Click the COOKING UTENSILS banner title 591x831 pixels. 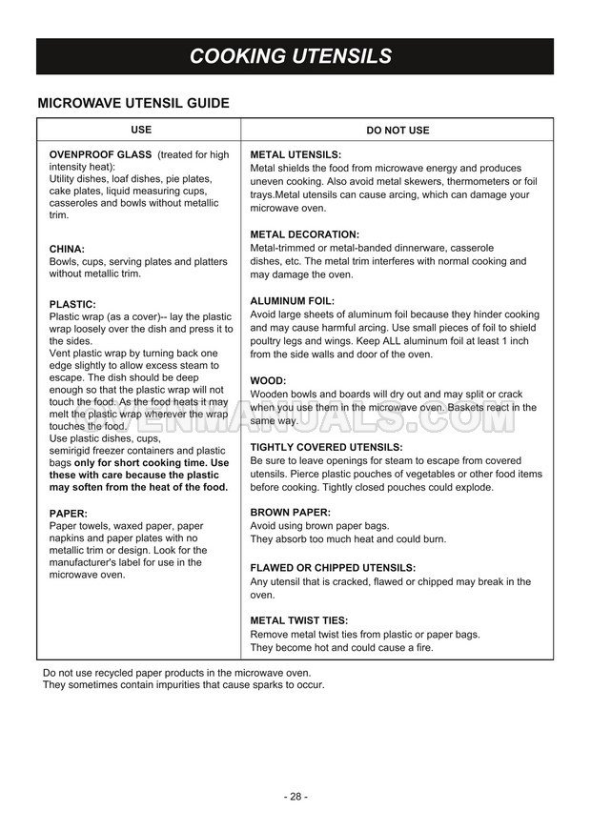click(291, 56)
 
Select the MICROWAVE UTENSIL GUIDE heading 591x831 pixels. click(132, 103)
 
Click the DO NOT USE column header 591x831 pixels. click(397, 130)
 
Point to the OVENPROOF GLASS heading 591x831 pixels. click(101, 154)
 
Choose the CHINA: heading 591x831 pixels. click(67, 249)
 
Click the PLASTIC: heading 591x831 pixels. click(72, 304)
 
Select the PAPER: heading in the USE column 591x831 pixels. click(68, 513)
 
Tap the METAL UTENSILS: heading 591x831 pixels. click(295, 154)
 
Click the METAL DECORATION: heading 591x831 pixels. click(304, 234)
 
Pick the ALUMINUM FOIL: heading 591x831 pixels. click(293, 301)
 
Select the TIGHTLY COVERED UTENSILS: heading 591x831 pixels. click(326, 447)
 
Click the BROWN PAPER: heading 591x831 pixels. click(291, 513)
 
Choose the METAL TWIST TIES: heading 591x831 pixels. click(299, 620)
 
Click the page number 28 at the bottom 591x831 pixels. click(295, 796)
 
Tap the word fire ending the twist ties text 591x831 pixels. click(422, 648)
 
